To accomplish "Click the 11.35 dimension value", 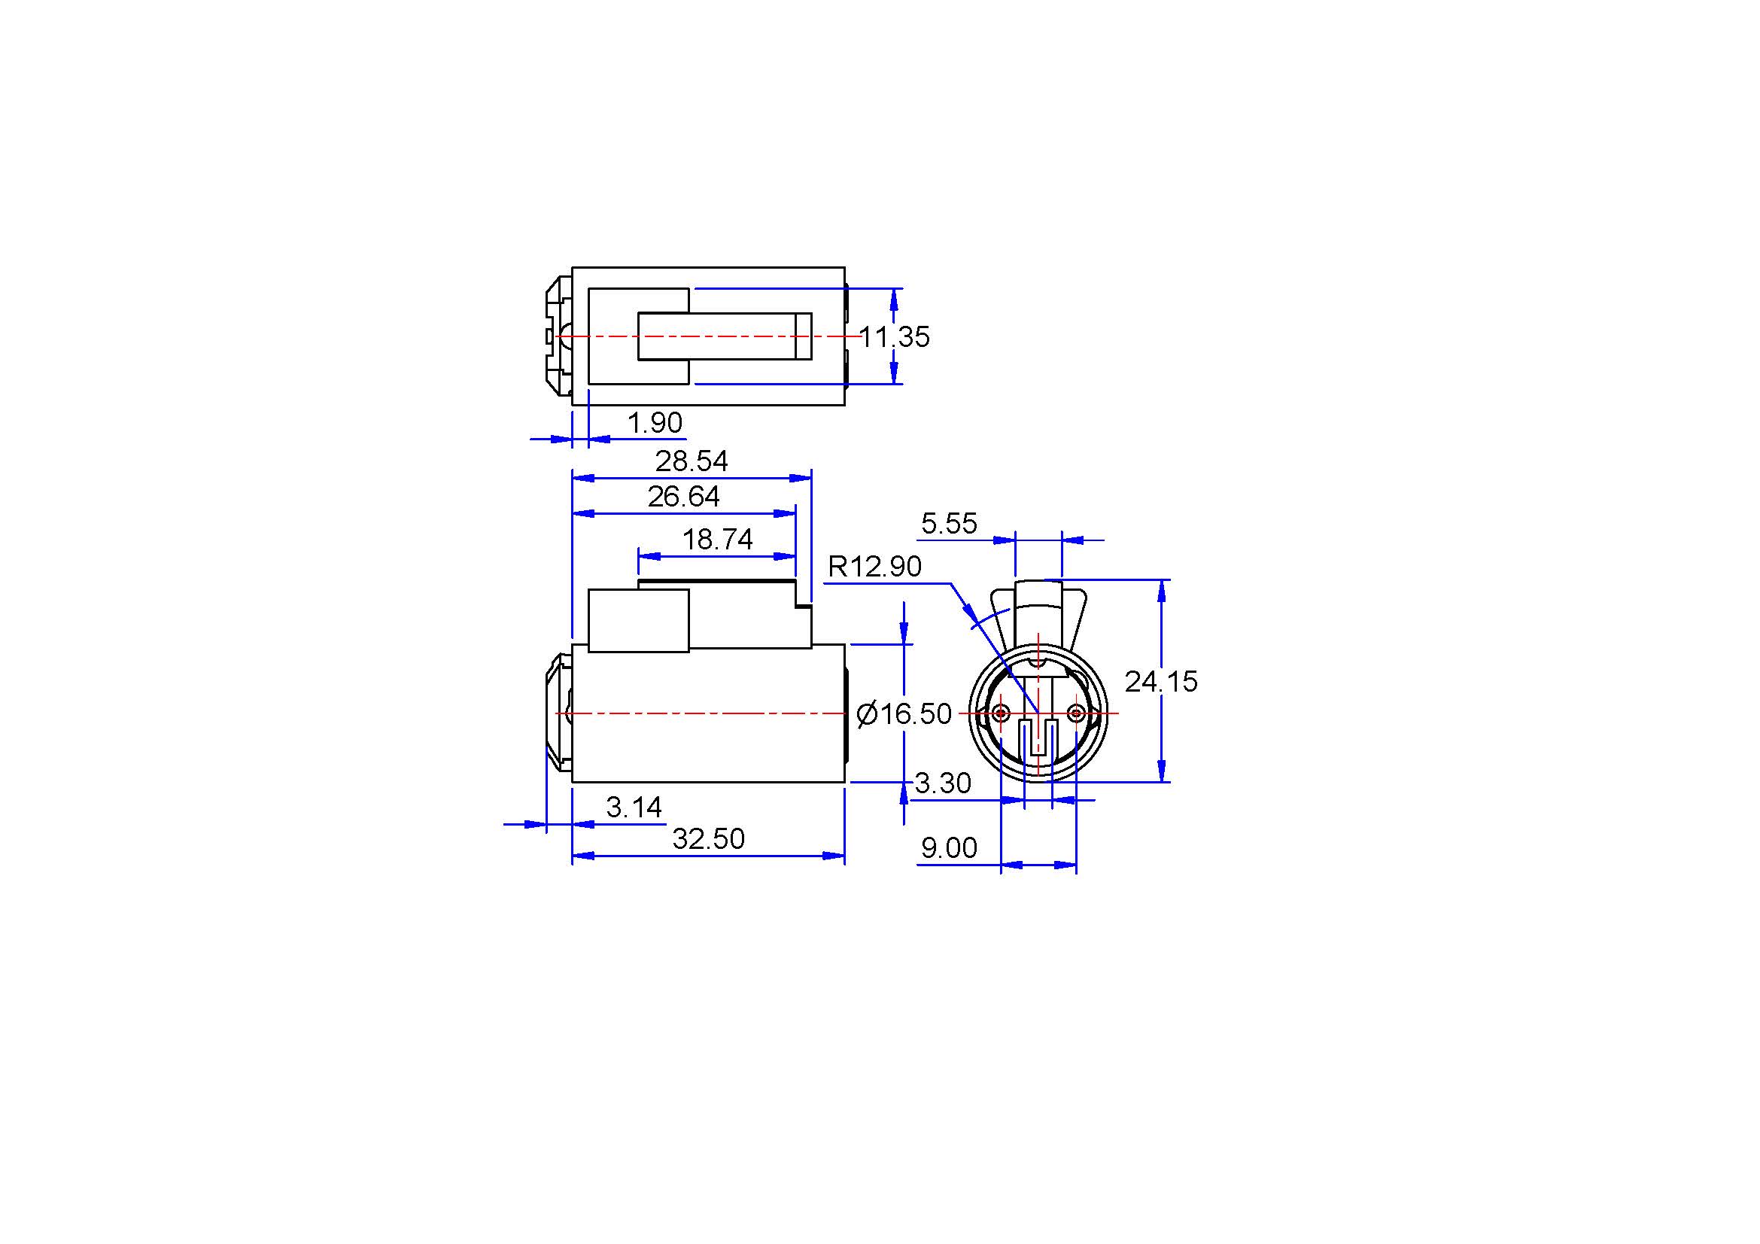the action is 894,336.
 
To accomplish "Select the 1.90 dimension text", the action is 655,422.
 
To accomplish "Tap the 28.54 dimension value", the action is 692,461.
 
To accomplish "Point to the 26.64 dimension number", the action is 684,497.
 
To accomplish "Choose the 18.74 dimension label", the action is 718,540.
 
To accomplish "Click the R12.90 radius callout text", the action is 874,567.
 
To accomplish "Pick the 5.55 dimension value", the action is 949,524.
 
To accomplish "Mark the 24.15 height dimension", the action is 1160,681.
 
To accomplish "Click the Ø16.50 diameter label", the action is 904,714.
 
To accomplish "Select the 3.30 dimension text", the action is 943,783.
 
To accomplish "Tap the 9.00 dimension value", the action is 949,847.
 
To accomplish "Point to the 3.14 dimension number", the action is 634,807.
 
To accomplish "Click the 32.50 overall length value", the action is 708,839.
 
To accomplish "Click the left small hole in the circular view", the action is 1001,713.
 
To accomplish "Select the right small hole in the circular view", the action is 1076,713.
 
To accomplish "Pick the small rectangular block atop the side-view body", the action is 638,621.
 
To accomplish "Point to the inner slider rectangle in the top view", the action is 725,336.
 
